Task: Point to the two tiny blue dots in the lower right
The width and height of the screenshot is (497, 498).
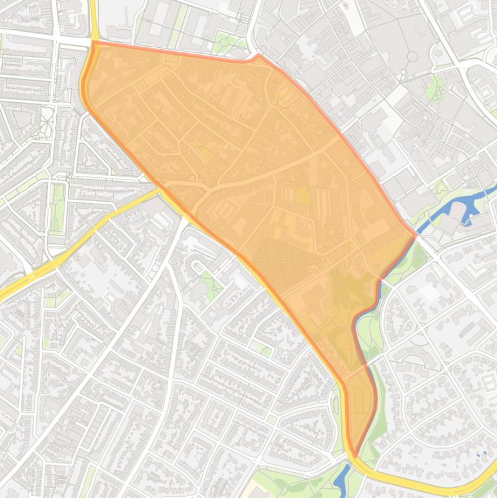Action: pyautogui.click(x=481, y=454)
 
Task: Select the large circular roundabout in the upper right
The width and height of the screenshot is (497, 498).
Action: pyautogui.click(x=412, y=57)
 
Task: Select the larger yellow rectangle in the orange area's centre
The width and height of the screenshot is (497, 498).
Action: pyautogui.click(x=302, y=196)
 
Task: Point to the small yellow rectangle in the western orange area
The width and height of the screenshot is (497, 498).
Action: pyautogui.click(x=205, y=153)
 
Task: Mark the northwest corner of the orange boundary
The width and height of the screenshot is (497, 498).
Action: pyautogui.click(x=94, y=43)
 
